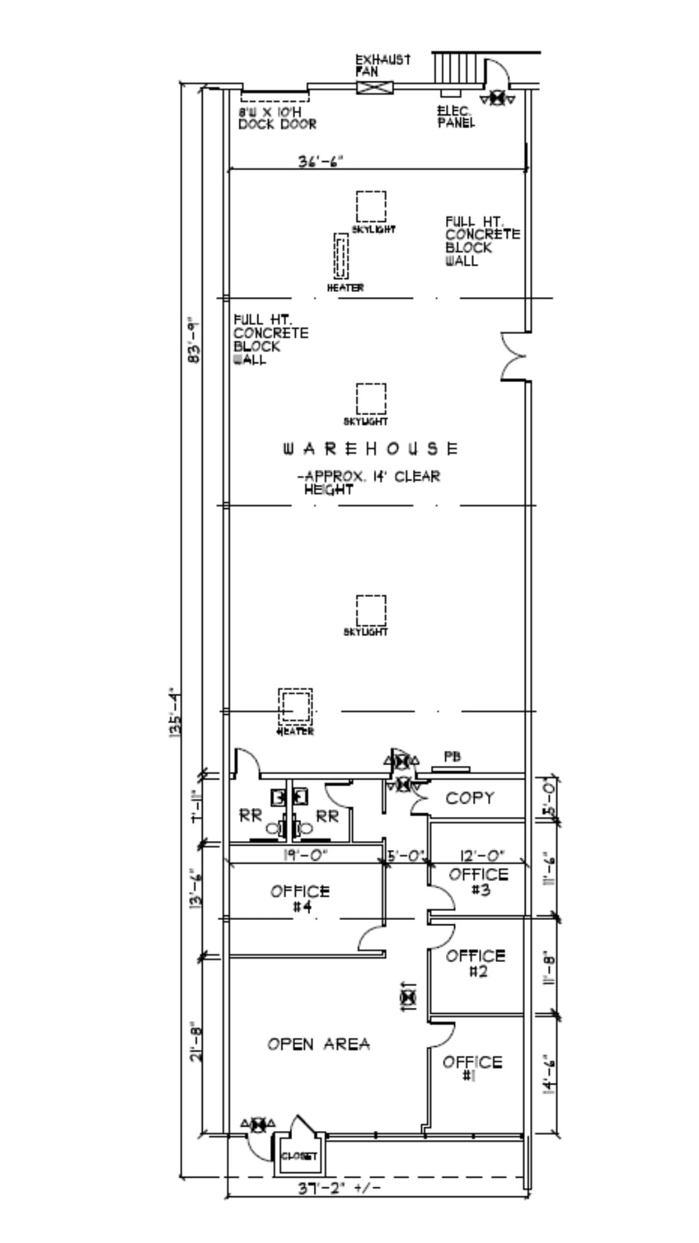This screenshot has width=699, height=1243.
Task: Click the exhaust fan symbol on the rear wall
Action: pyautogui.click(x=375, y=87)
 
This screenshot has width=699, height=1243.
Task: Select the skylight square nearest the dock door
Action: pyautogui.click(x=371, y=207)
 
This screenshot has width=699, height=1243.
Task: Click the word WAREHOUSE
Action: pyautogui.click(x=371, y=449)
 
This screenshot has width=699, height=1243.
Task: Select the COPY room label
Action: pyautogui.click(x=470, y=798)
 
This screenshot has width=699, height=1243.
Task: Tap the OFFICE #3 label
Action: pyautogui.click(x=479, y=882)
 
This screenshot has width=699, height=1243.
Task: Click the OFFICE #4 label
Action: pyautogui.click(x=300, y=899)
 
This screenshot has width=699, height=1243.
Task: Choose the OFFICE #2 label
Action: pyautogui.click(x=476, y=963)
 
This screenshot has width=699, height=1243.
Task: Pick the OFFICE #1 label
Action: pyautogui.click(x=472, y=1068)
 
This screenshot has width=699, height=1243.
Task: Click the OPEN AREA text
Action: pyautogui.click(x=318, y=1044)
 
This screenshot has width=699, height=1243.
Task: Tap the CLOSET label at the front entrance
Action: pyautogui.click(x=299, y=1156)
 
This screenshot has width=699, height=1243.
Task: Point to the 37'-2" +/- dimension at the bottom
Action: pyautogui.click(x=338, y=1189)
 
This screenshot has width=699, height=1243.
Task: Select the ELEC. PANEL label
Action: pyautogui.click(x=456, y=117)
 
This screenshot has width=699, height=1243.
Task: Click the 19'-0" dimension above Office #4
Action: pyautogui.click(x=305, y=855)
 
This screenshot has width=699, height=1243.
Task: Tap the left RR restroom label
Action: pyautogui.click(x=250, y=816)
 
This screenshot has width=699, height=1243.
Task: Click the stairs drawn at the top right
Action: pyautogui.click(x=458, y=68)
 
